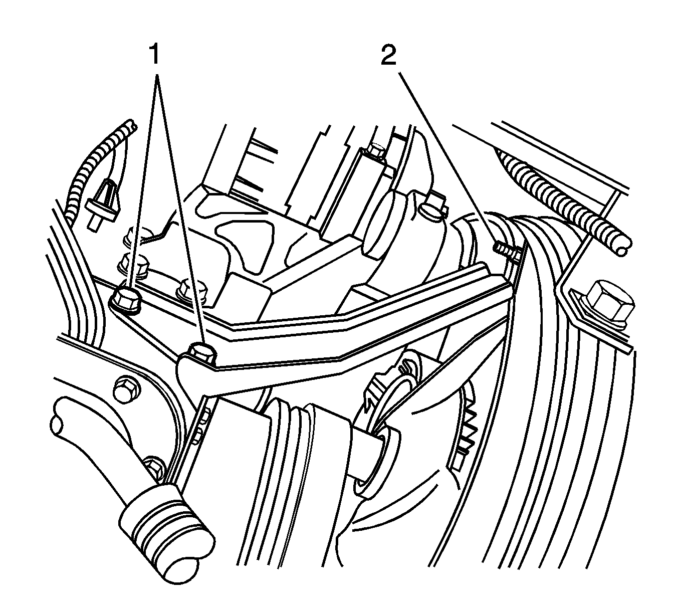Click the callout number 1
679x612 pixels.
click(x=154, y=54)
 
